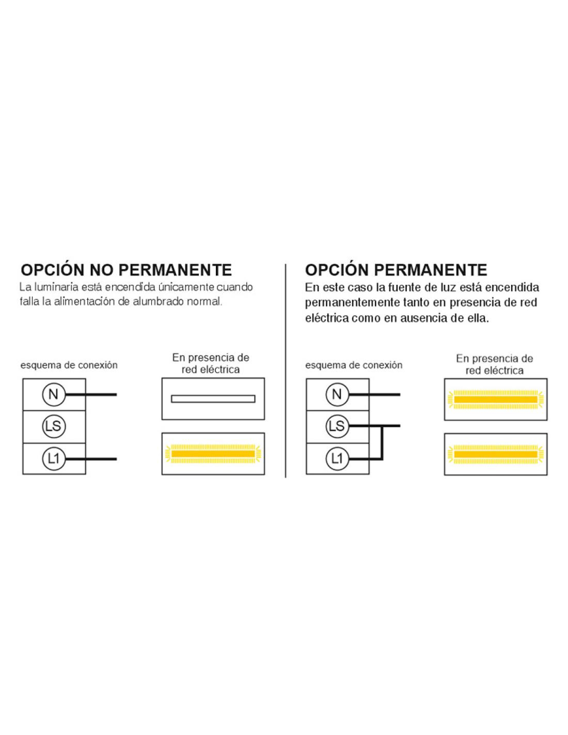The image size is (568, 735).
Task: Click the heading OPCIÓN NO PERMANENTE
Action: (x=127, y=270)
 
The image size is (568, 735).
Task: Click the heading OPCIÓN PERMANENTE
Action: (x=396, y=270)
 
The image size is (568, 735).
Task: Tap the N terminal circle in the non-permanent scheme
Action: (x=53, y=394)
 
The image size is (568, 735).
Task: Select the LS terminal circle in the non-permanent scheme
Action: (x=53, y=426)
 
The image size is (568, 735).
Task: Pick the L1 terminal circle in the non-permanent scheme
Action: (x=53, y=458)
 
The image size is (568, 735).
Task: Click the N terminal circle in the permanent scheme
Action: (x=337, y=394)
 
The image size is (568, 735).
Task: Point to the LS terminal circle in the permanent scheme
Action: (x=337, y=426)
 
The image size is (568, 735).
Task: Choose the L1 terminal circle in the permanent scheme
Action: (x=337, y=458)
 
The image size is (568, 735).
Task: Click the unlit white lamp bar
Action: (x=213, y=399)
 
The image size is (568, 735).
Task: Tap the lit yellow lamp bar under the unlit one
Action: (x=213, y=454)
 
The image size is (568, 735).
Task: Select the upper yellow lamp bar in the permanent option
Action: (x=496, y=400)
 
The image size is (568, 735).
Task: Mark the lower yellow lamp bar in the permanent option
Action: (x=496, y=454)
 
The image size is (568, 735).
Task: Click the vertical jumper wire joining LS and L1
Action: (x=382, y=442)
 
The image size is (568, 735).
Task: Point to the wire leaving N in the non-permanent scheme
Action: (x=90, y=394)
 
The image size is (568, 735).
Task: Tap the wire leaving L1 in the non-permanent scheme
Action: (x=90, y=459)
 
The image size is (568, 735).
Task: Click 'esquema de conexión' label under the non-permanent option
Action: (x=69, y=365)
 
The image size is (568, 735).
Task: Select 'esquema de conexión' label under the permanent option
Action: (x=354, y=365)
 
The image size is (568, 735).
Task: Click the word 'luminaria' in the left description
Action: (x=57, y=287)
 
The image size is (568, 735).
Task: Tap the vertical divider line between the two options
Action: (x=286, y=371)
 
